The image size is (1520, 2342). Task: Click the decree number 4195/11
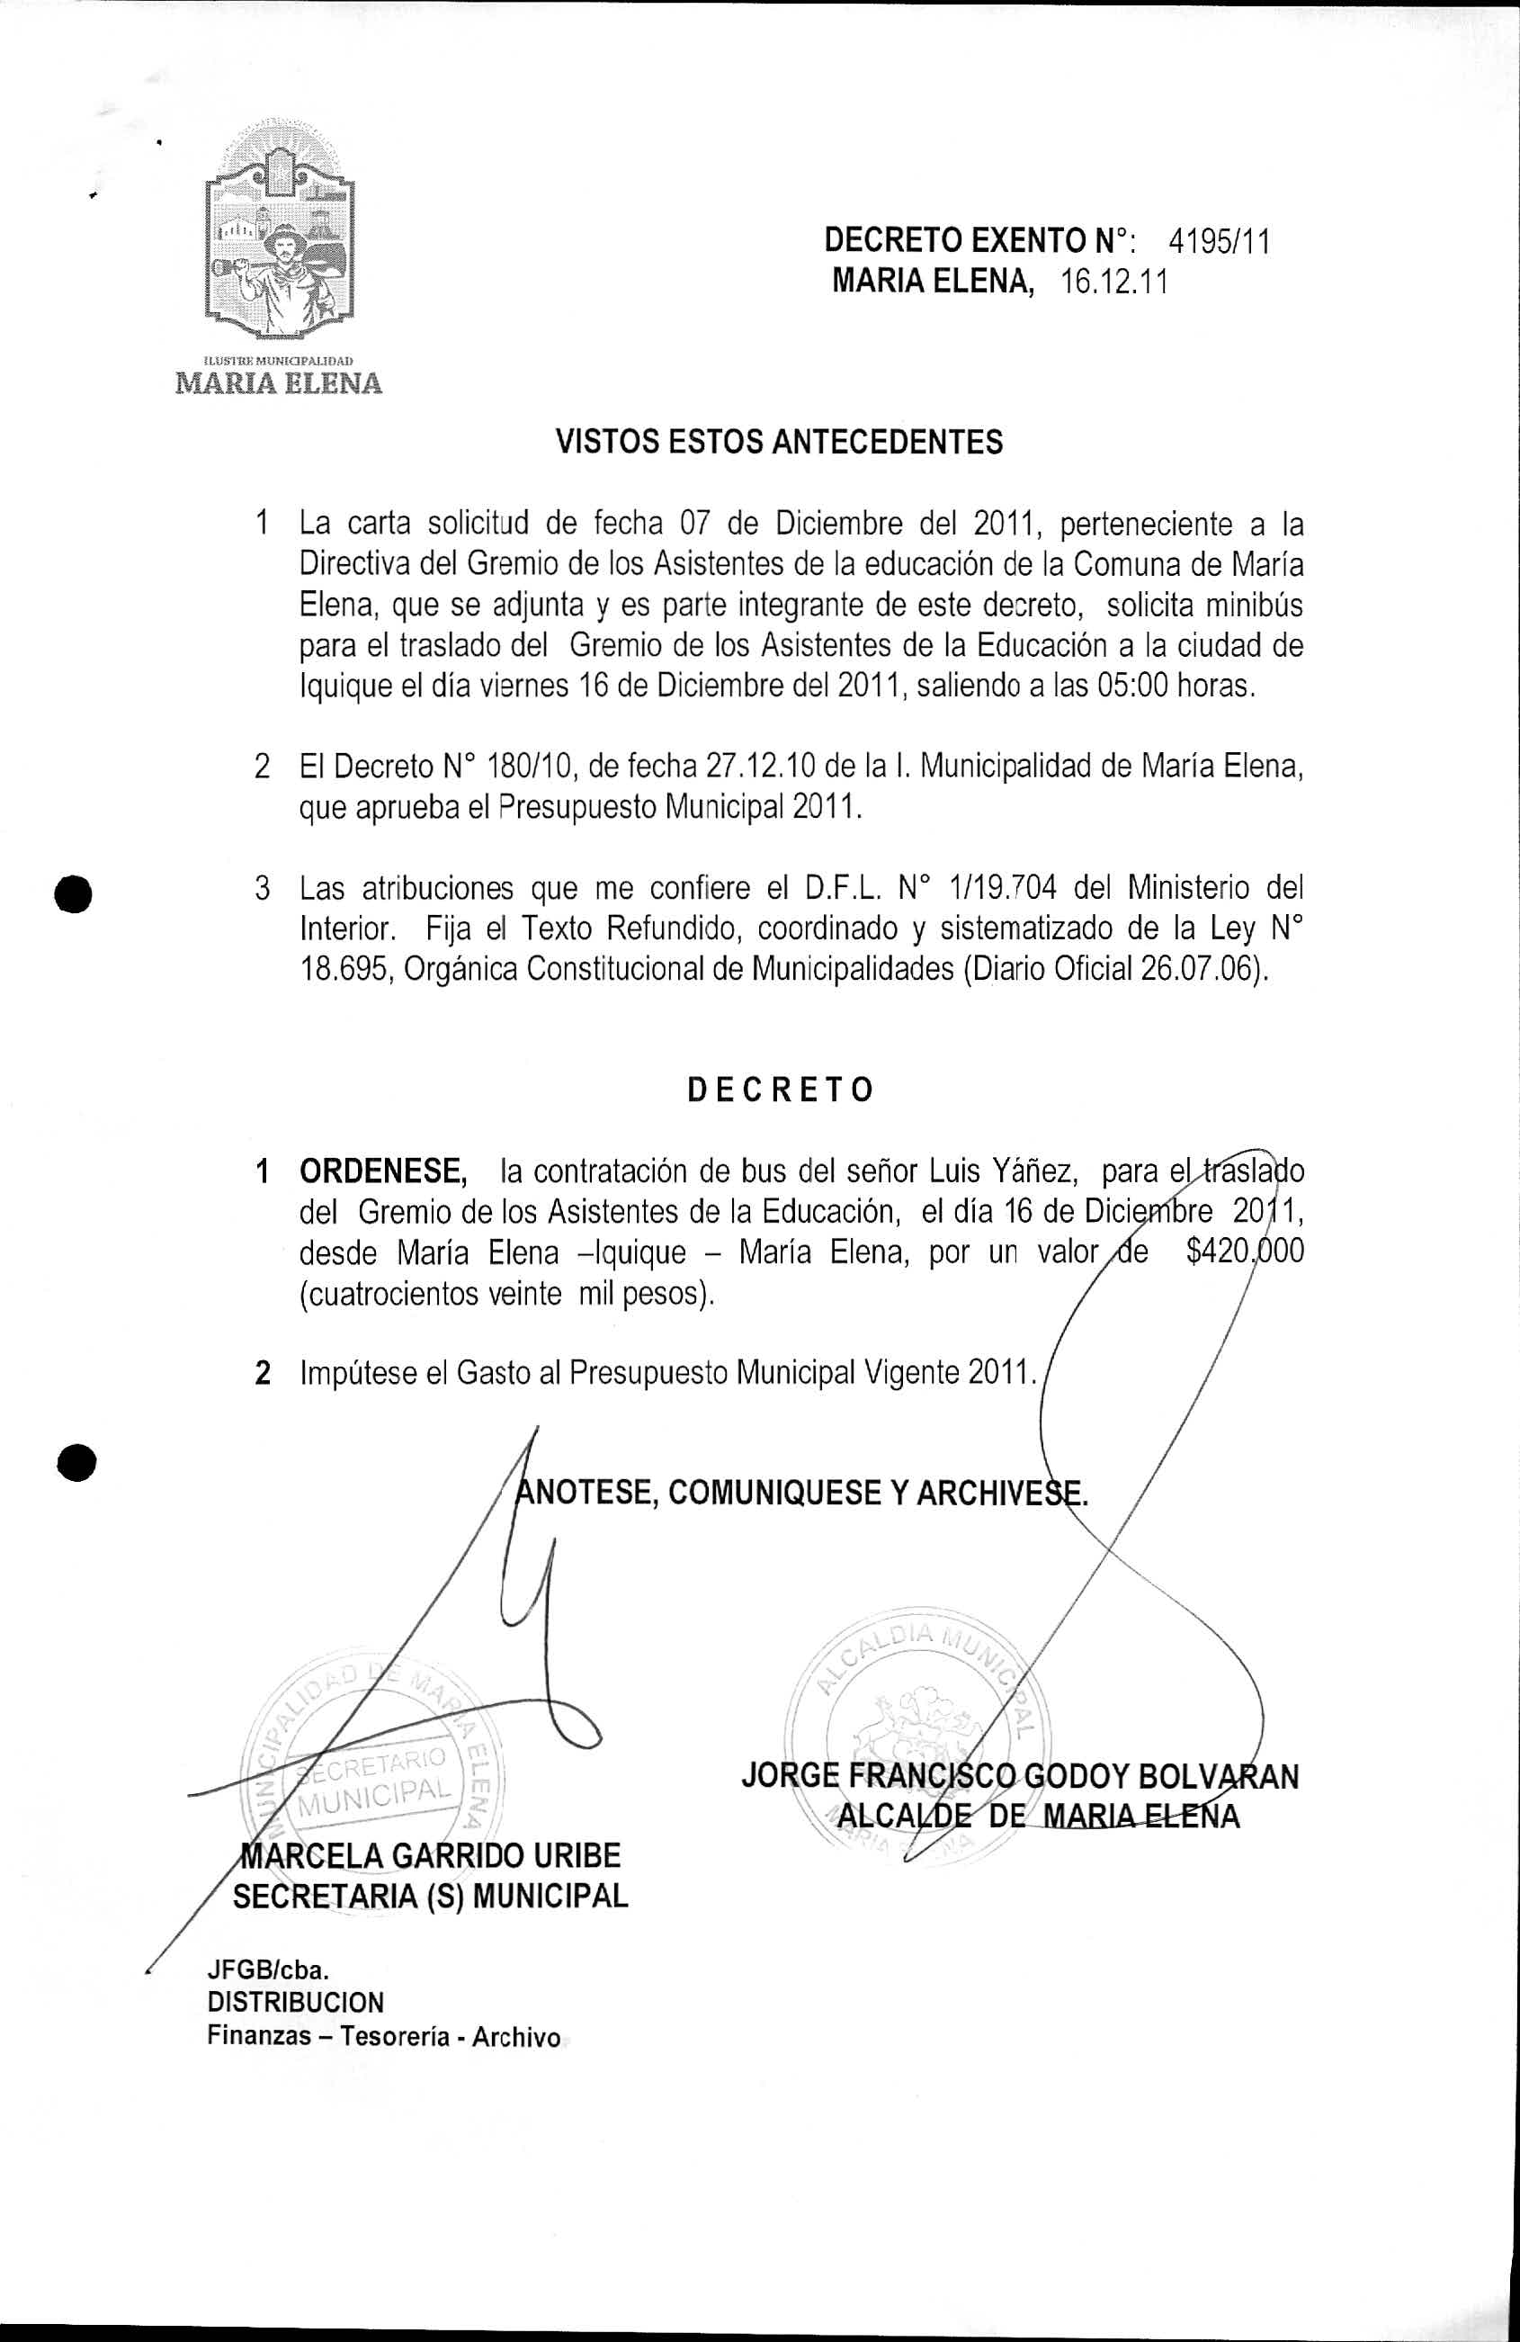pos(1219,241)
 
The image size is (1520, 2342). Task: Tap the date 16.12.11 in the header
pos(1113,283)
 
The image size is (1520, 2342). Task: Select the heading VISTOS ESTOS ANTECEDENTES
pos(779,442)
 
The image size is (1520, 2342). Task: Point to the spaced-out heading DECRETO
pos(779,1090)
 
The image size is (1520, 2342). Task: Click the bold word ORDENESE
pos(383,1172)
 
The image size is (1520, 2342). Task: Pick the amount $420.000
pos(1245,1252)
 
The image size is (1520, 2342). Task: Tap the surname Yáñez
pos(1034,1172)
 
